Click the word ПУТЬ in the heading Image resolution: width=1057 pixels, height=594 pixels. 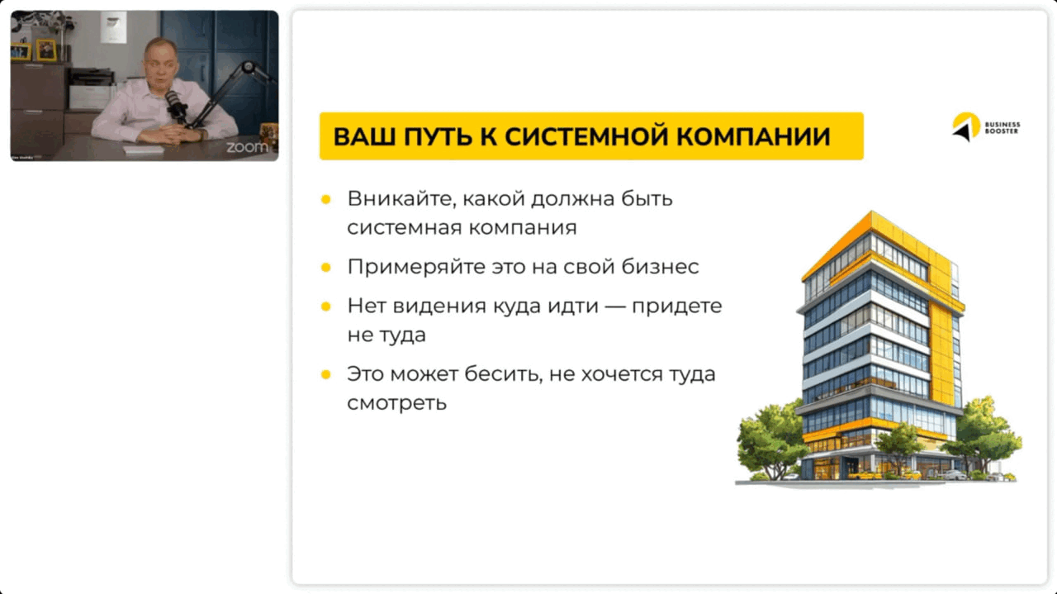434,136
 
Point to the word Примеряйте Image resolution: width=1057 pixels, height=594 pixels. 409,268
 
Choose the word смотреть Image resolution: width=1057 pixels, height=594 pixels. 396,403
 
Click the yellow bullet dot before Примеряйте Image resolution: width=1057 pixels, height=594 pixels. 326,268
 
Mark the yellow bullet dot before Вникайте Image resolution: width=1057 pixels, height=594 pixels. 326,199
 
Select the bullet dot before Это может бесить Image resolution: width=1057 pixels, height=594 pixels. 326,374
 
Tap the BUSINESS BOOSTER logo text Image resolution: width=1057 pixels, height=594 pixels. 1002,128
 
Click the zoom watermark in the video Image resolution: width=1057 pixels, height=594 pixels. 247,147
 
